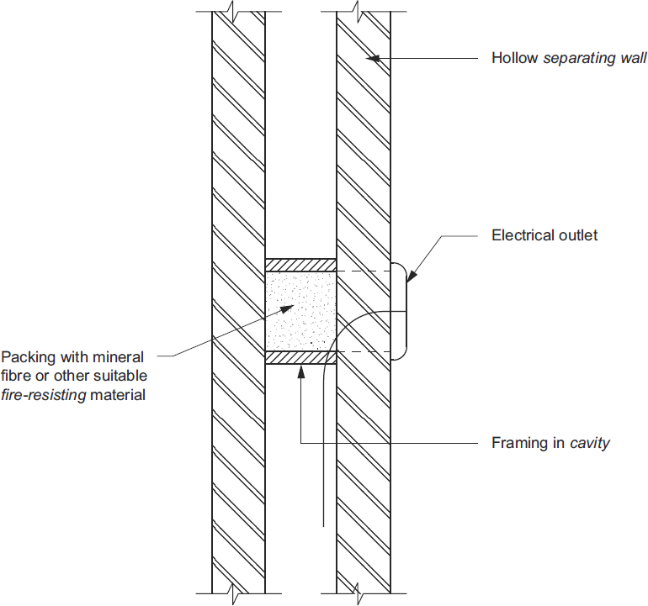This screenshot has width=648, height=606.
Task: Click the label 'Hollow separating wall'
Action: click(x=569, y=59)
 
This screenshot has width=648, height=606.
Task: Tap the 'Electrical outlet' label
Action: click(x=544, y=235)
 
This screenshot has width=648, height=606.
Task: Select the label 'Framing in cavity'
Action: click(x=550, y=443)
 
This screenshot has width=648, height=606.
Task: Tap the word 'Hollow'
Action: click(x=513, y=59)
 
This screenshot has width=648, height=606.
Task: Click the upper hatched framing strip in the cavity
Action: click(x=301, y=265)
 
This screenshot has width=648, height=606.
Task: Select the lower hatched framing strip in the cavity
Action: click(x=301, y=358)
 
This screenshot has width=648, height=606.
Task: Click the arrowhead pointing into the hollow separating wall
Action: click(x=373, y=59)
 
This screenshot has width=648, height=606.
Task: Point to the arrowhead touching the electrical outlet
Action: click(x=411, y=274)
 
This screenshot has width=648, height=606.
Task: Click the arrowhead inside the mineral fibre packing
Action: click(x=289, y=308)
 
